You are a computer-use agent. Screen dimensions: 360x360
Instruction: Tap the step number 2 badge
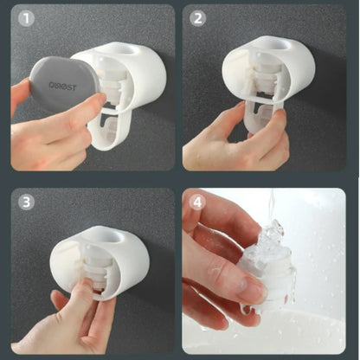198,19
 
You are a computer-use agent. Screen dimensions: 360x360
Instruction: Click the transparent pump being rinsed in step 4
270,260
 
